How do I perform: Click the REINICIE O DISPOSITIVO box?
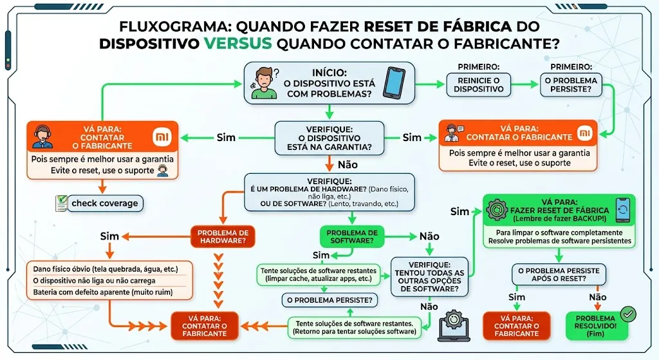click(478, 84)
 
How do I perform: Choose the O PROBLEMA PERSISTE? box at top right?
click(571, 84)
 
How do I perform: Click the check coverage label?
click(105, 204)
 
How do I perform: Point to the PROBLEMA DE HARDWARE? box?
click(223, 237)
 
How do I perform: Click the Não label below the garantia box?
click(348, 165)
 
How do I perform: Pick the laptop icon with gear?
click(454, 325)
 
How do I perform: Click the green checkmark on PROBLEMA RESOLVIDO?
click(627, 314)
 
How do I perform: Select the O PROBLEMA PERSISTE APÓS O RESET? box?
click(559, 274)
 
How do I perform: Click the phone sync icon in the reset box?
click(622, 211)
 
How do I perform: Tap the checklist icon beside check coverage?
click(61, 204)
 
